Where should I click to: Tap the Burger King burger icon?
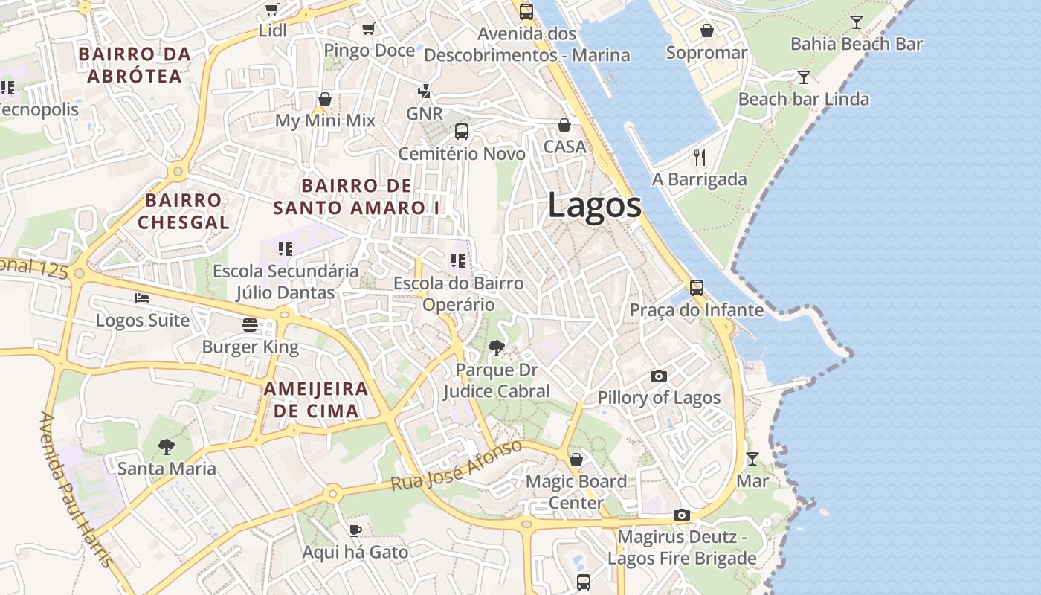(249, 325)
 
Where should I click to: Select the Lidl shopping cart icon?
(272, 10)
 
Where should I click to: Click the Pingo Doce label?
(369, 51)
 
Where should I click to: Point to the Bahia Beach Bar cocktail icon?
(857, 22)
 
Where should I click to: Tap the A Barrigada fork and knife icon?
(699, 157)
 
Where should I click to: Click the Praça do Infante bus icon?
(697, 288)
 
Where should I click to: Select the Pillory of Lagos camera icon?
(659, 376)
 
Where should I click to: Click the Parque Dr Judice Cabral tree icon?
(496, 347)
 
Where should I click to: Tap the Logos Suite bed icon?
(142, 298)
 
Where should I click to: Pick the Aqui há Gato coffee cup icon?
(355, 530)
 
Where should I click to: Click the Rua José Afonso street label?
(457, 466)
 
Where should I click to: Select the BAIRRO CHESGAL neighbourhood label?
(183, 211)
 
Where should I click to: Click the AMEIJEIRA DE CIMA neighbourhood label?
(316, 399)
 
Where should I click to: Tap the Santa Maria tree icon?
(167, 447)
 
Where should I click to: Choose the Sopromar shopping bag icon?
(706, 30)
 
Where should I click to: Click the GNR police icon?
(425, 91)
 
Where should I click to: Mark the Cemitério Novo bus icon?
(462, 132)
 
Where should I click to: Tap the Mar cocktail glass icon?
(752, 459)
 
